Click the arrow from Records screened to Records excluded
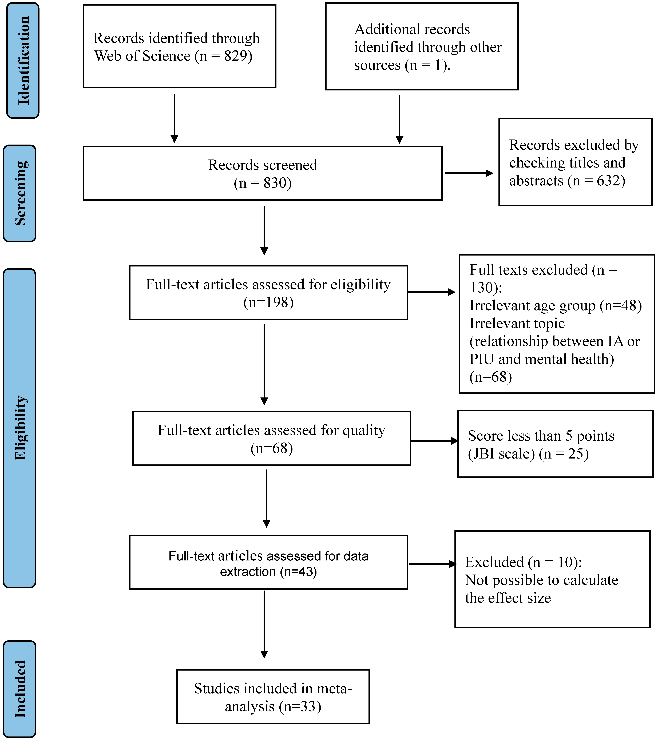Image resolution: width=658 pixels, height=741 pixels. (x=469, y=173)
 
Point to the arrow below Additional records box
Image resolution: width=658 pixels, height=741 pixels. (x=399, y=119)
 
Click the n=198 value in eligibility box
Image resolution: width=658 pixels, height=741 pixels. (x=268, y=302)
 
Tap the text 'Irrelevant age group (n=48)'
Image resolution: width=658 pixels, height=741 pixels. (x=555, y=306)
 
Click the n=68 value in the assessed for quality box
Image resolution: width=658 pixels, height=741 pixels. (x=272, y=448)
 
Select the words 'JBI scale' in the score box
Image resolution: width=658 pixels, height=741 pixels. (x=501, y=454)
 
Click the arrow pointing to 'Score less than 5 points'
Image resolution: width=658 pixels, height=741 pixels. (x=434, y=441)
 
